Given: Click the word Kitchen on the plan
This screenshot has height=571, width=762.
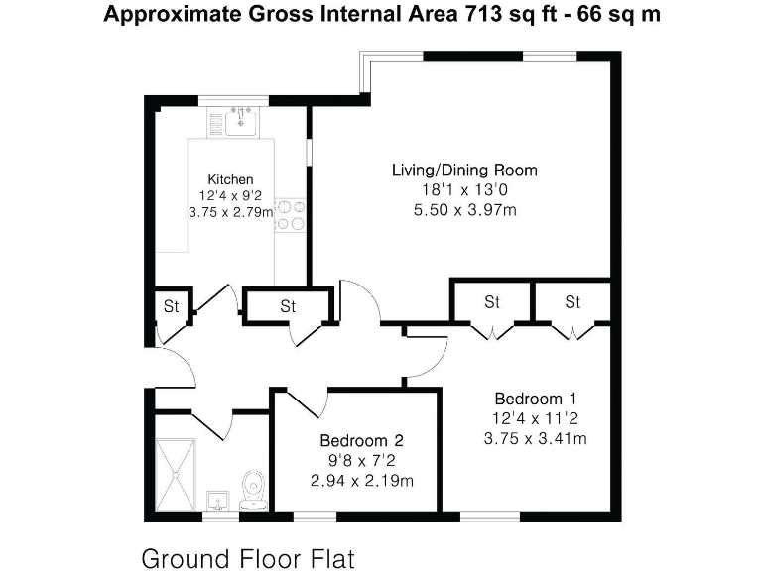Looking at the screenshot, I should point(230,178).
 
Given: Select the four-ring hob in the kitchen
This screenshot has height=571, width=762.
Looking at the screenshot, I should point(290,215).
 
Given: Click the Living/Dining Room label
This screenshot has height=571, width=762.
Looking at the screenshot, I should point(464,171).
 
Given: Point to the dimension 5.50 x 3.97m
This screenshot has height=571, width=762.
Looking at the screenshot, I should point(464,209).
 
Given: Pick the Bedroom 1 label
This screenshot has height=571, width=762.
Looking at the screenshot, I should point(534,400).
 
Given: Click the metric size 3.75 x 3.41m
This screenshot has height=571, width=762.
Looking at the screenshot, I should point(534,438).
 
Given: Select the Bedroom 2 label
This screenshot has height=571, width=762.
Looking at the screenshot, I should point(361,440).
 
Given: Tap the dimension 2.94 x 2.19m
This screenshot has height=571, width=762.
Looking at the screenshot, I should point(361,480).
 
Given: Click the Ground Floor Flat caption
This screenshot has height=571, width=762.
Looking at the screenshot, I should point(247,557).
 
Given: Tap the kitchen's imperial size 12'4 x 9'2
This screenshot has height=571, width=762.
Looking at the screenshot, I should point(230,195).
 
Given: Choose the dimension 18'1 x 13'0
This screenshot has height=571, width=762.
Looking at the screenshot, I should point(464,189).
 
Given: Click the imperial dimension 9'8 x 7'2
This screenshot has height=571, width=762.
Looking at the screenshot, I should point(361,460).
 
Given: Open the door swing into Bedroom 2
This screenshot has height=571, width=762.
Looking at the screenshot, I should point(309,401).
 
